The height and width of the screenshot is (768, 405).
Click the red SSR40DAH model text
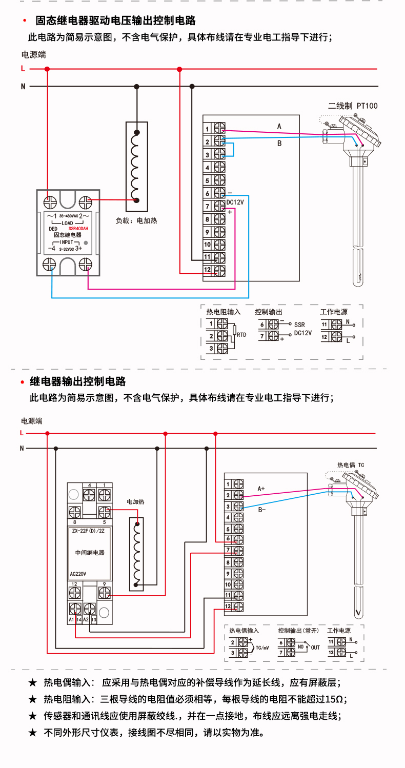78,229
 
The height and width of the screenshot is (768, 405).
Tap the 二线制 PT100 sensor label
352,106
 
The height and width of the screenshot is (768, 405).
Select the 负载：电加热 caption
136,221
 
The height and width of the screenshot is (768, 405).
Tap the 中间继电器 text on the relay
90,553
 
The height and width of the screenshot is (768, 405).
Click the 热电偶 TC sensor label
350,465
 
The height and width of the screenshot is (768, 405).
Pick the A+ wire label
261,489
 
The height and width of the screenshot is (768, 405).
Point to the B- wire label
261,510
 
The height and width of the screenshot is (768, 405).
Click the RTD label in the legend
241,335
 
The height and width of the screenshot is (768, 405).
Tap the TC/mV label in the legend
262,648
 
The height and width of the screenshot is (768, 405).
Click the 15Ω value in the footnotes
333,699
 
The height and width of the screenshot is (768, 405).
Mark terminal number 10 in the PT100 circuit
207,245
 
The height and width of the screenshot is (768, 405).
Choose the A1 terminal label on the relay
71,620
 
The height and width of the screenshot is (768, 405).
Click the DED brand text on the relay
53,229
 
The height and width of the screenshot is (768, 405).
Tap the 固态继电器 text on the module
68,235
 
